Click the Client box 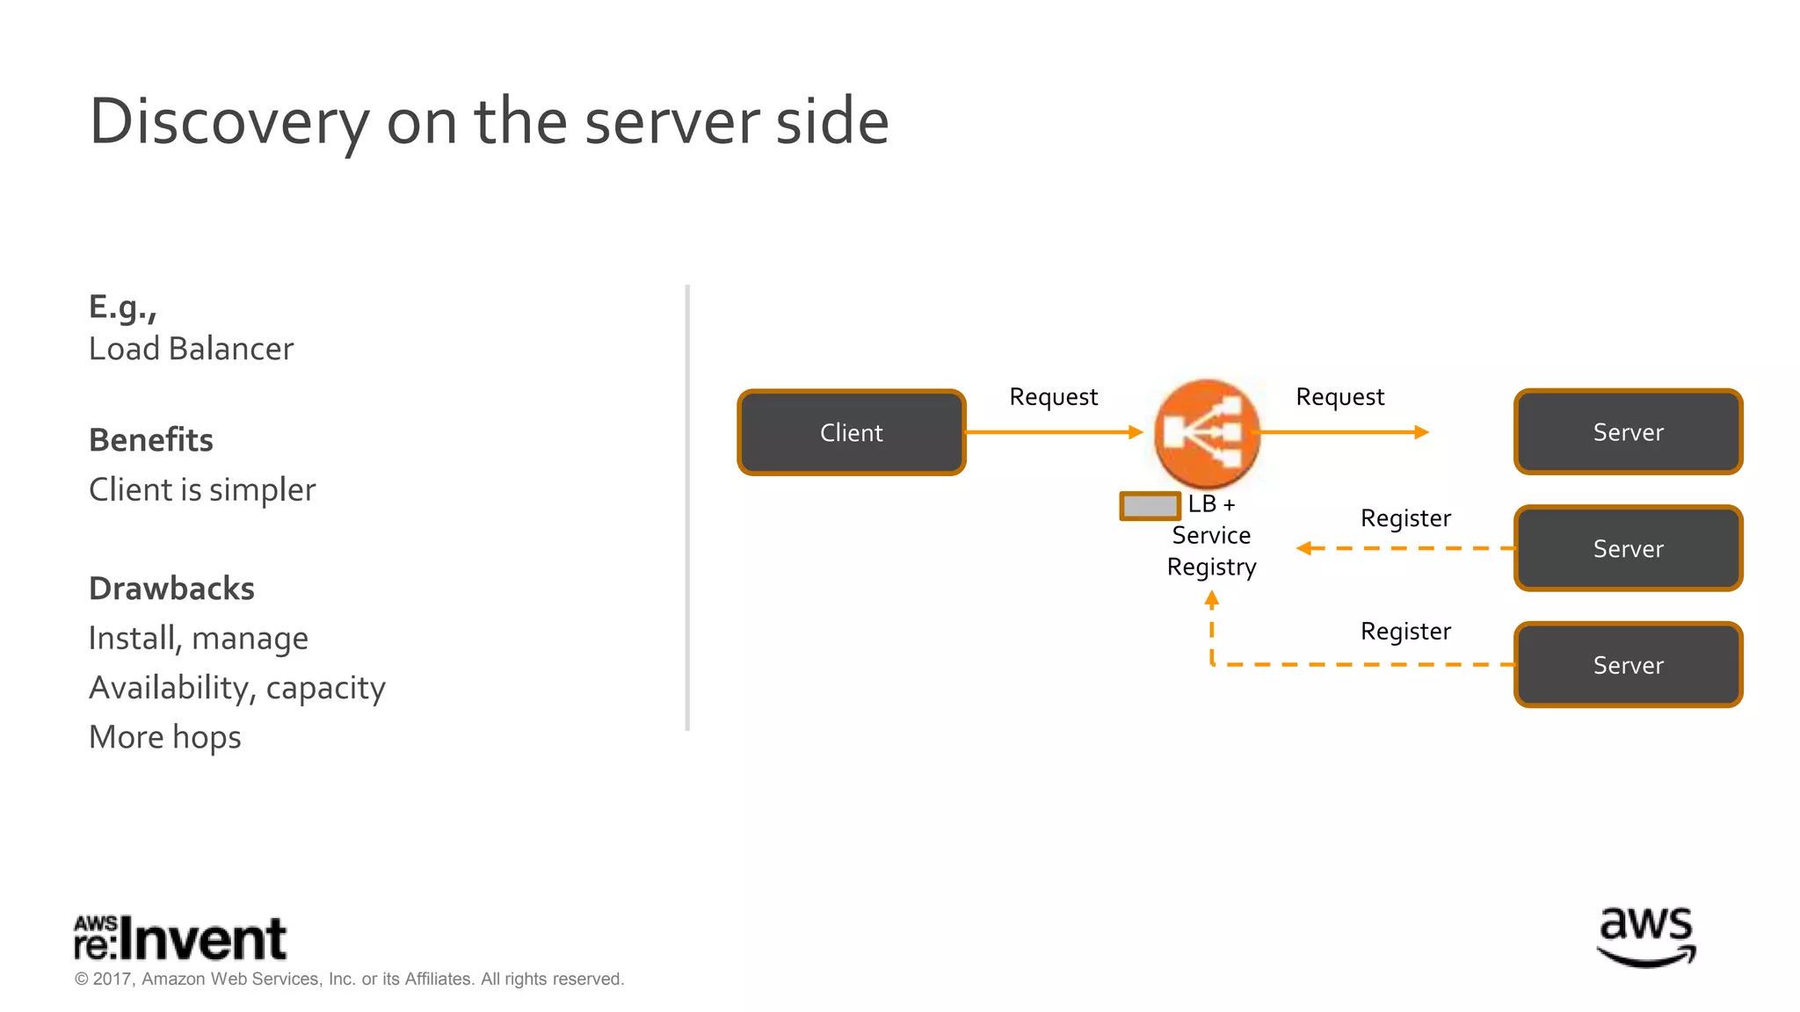851,432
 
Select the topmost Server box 1628,432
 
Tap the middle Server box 1628,548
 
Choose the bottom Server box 1628,665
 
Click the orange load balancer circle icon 1207,433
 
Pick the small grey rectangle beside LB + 1150,506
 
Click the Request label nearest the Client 1053,397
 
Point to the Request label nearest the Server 1339,397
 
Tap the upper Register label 1405,518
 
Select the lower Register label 1405,632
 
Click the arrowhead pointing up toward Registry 1212,600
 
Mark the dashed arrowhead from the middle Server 1304,548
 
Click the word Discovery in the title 229,121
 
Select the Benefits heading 151,440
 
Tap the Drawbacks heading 171,589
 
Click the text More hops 165,737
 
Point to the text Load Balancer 191,349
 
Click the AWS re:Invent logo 180,938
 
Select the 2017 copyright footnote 349,979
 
